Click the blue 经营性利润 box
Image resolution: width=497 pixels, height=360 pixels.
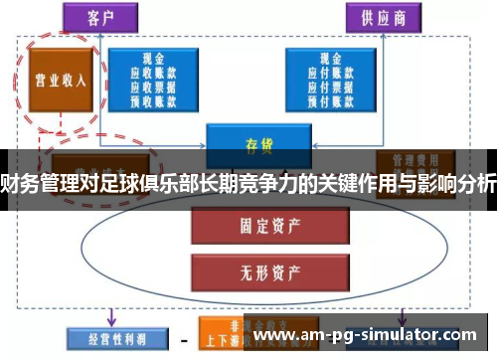pos(108,338)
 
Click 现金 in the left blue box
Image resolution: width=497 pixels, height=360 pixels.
pos(153,60)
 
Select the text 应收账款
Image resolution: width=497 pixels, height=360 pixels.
pos(153,73)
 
